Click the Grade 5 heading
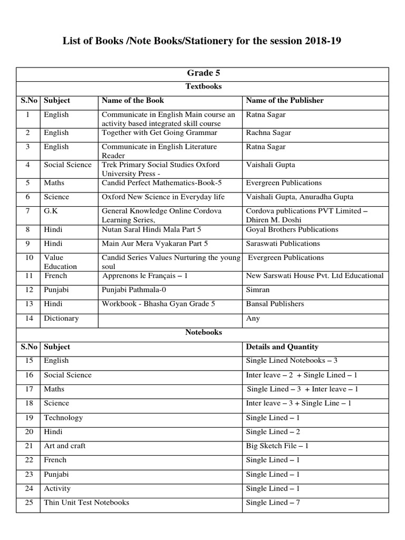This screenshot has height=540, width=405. pos(203,73)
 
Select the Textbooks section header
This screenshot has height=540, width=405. pos(203,86)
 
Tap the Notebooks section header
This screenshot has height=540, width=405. pos(203,333)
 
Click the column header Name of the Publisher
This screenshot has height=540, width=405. pos(285,100)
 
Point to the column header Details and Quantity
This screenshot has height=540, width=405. pos(282,347)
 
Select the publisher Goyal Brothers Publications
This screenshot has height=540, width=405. pos(292,230)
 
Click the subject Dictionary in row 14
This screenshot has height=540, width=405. pos(61,319)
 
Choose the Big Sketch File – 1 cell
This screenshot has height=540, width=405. pos(277,446)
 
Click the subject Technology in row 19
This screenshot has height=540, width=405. pos(63,418)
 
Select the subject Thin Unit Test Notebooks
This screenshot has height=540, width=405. pos(86,503)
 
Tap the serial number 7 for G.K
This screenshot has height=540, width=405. pos(29,211)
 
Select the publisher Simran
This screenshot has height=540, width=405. pos(258,290)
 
